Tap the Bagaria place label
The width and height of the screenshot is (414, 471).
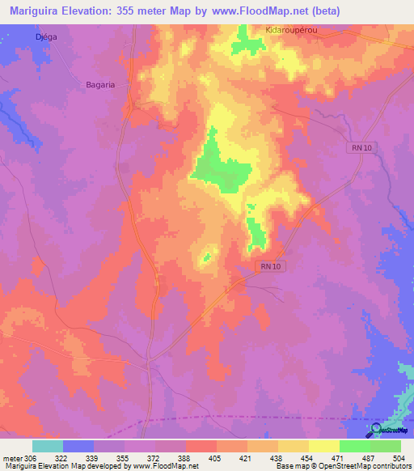102,83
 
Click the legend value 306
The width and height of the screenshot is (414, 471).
30,458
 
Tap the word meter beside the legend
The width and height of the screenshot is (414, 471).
11,458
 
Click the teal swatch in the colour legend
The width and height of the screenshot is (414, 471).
48,446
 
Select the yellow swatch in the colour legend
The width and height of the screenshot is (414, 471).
323,446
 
